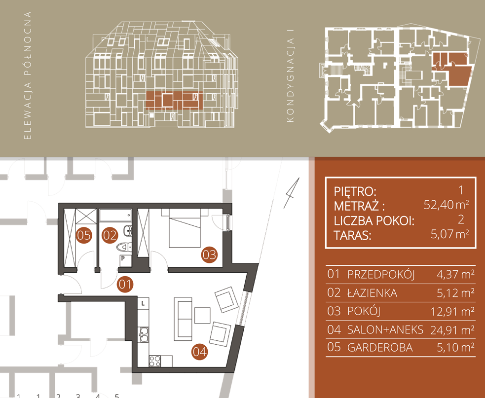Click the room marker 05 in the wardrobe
click(84, 235)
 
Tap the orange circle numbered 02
click(110, 235)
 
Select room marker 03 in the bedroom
click(209, 254)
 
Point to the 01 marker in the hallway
click(125, 285)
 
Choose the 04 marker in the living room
click(199, 352)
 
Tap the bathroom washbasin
click(127, 230)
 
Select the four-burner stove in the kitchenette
click(155, 361)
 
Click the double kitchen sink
click(144, 334)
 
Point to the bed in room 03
click(185, 228)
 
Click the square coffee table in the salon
click(202, 315)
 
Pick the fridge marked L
click(143, 303)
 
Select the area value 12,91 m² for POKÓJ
click(452, 311)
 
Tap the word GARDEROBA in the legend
click(380, 348)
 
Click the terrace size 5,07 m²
click(450, 234)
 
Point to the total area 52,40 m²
click(447, 205)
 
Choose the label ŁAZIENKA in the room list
click(372, 293)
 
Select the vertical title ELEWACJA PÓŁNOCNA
click(28, 75)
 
